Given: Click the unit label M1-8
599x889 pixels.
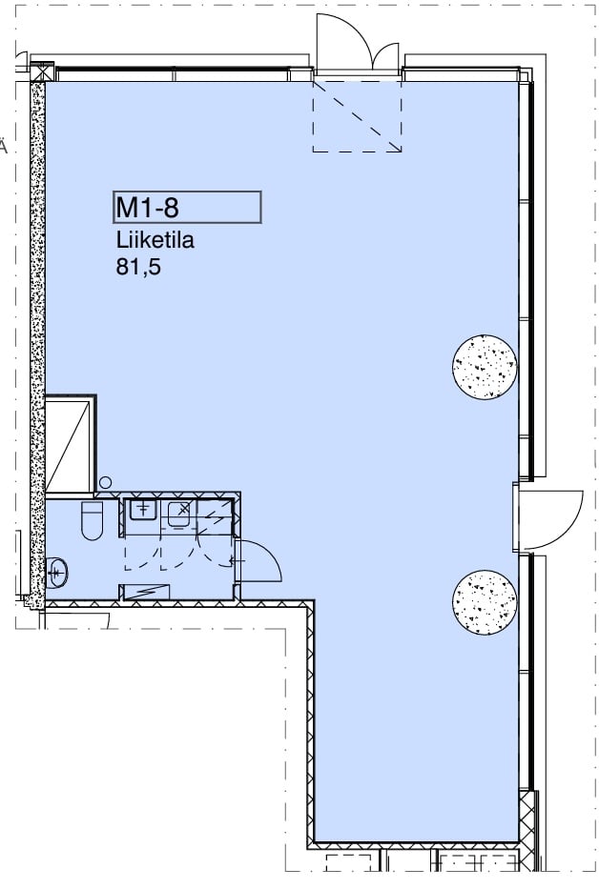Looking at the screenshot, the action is (x=147, y=208).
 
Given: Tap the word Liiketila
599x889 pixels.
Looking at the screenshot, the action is (x=155, y=240).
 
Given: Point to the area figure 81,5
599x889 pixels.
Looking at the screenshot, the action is (x=138, y=266).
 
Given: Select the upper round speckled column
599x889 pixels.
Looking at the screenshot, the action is (x=485, y=367).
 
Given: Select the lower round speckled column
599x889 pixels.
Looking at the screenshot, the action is (x=485, y=603).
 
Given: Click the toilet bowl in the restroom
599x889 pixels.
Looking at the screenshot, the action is (x=93, y=520).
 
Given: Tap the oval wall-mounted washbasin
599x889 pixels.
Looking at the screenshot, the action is (x=57, y=571).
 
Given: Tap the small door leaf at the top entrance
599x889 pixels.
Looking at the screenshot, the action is (x=387, y=55).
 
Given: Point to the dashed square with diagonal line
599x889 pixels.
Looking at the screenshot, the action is (x=357, y=116).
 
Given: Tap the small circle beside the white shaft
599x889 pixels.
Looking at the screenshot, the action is (x=106, y=482).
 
